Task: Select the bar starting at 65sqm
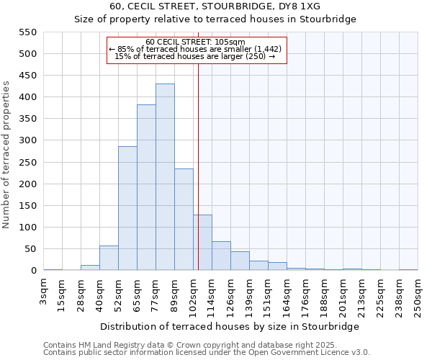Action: point(146,188)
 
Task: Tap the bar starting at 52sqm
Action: point(127,209)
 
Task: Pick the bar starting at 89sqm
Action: point(184,220)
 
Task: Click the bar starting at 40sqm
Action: point(109,258)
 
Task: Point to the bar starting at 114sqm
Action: point(221,256)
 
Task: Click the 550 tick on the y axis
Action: point(27,32)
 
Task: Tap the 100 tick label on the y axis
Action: point(27,228)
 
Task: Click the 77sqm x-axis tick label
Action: point(156,292)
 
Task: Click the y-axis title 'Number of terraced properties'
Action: point(8,155)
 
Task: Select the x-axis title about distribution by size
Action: point(229,326)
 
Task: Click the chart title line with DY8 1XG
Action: point(215,6)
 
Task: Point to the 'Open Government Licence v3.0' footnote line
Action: point(207,353)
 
